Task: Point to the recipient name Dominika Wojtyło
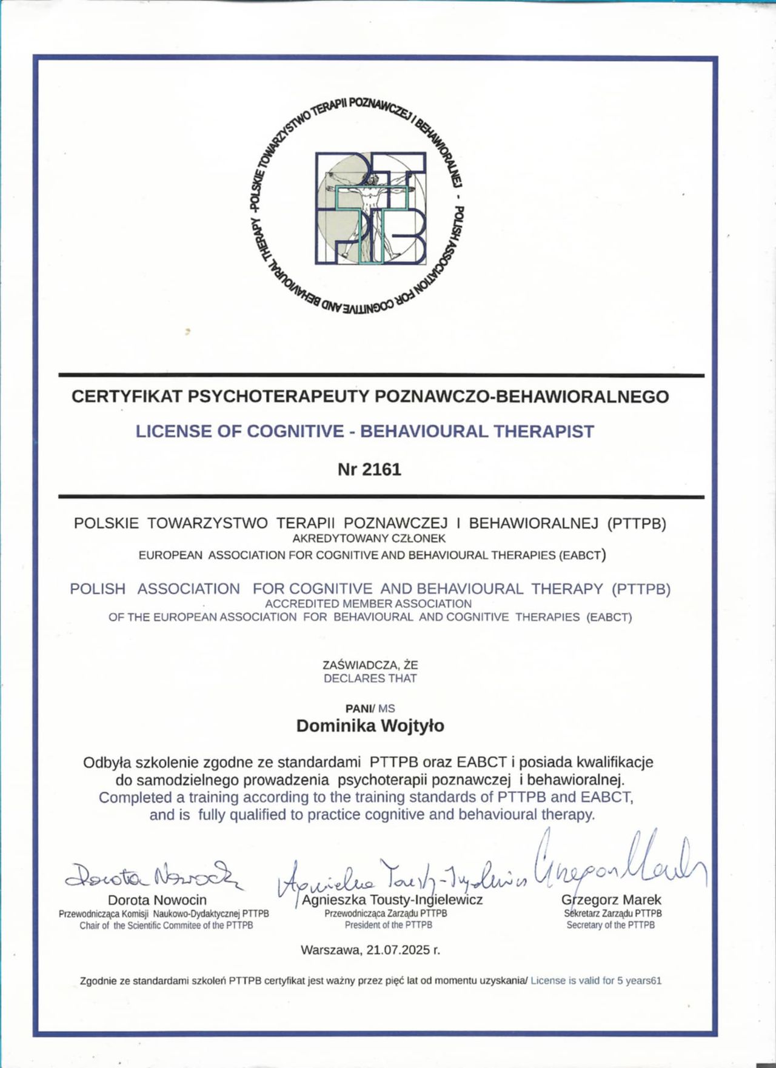pyautogui.click(x=370, y=726)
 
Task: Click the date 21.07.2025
pyautogui.click(x=398, y=950)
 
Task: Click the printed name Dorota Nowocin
pyautogui.click(x=157, y=900)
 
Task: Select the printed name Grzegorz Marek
pyautogui.click(x=611, y=900)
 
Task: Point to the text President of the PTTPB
pyautogui.click(x=389, y=925)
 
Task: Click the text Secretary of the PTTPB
pyautogui.click(x=610, y=925)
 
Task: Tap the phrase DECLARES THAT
pyautogui.click(x=370, y=678)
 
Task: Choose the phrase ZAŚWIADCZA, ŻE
pyautogui.click(x=370, y=665)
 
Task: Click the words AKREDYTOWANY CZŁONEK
pyautogui.click(x=369, y=538)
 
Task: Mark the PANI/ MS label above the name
pyautogui.click(x=370, y=708)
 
